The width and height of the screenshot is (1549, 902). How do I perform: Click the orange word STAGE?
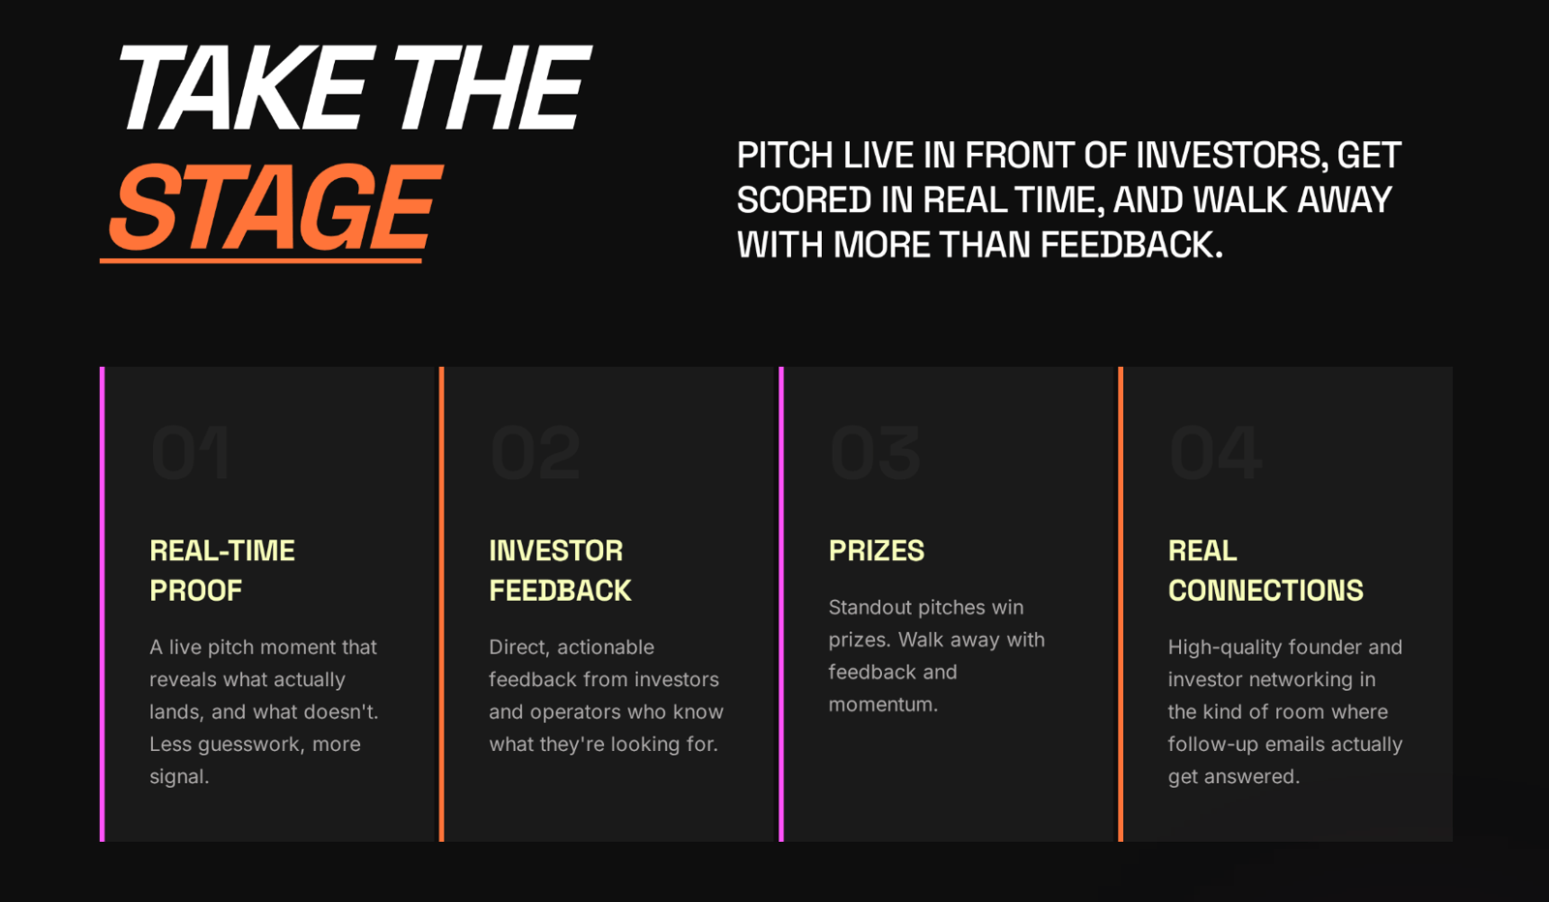coord(275,207)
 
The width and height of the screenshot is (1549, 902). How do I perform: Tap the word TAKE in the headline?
coord(242,88)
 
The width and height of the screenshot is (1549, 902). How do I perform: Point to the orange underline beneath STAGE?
coord(260,260)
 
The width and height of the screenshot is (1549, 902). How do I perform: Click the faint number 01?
coord(190,453)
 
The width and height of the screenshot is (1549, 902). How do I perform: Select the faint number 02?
coord(535,453)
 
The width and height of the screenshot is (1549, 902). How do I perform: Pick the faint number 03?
coord(875,453)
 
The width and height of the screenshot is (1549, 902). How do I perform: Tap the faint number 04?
coord(1216,453)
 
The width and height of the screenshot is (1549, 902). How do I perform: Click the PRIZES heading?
coord(876,551)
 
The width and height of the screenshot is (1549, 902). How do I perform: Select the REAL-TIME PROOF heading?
coord(222,570)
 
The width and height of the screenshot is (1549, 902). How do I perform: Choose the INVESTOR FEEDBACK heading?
coord(561,570)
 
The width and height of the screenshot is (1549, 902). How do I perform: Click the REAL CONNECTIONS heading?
coord(1265,570)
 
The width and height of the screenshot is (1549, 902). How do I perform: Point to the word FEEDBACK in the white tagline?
coord(1132,245)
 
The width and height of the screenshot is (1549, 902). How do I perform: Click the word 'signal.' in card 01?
coord(179,777)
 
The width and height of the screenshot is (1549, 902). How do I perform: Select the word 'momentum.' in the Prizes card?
coord(883,705)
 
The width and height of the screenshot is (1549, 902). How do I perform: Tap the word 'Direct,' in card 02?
coord(519,646)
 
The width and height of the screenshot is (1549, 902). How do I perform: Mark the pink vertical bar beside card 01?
coord(103,604)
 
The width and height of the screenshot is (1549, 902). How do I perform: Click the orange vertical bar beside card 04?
coord(1120,604)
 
